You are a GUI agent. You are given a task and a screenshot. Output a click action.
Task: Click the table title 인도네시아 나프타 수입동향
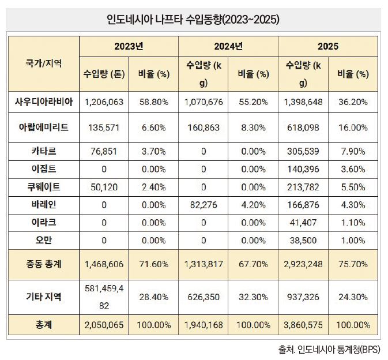click(193, 20)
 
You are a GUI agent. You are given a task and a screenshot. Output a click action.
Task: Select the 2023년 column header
click(129, 46)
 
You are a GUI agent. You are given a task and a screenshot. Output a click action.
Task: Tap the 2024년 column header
click(228, 46)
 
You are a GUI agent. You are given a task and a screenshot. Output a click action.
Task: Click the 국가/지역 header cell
click(44, 63)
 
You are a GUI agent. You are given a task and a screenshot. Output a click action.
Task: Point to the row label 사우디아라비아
click(44, 102)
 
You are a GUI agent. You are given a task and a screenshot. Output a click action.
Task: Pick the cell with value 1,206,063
click(104, 102)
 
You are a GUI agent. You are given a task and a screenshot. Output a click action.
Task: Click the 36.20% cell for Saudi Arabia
click(353, 102)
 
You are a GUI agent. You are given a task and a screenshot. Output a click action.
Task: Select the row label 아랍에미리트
click(44, 127)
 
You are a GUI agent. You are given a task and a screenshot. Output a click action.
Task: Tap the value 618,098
click(303, 127)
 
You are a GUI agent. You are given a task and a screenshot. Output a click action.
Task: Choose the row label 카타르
click(44, 151)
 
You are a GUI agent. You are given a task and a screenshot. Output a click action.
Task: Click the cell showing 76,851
click(104, 152)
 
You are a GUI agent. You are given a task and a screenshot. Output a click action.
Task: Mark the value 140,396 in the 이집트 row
click(303, 170)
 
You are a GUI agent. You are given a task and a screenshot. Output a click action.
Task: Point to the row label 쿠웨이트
click(44, 187)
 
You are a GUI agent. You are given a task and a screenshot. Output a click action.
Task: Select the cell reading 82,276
click(204, 205)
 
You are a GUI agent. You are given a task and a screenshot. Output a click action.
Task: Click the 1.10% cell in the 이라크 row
click(353, 223)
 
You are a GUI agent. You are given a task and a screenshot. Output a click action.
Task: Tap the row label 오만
click(44, 240)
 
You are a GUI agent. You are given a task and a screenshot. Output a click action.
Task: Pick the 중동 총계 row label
click(44, 264)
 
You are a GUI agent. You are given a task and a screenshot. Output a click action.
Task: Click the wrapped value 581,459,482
click(104, 297)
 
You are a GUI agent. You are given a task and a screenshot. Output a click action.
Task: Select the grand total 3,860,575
click(303, 325)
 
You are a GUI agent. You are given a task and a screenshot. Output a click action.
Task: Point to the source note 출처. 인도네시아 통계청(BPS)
click(329, 350)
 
